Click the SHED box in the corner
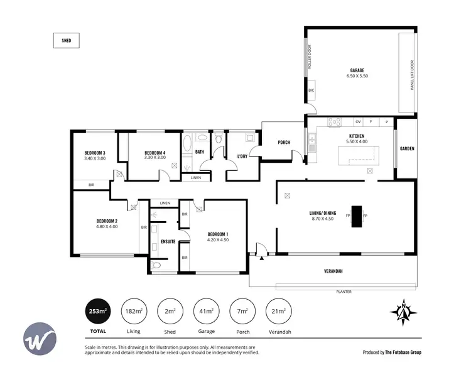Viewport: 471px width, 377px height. coord(66,41)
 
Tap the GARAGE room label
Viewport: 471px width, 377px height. coord(357,70)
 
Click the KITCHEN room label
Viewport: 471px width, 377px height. coord(357,136)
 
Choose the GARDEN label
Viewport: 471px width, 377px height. coord(407,149)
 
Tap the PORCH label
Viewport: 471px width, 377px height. coord(284,143)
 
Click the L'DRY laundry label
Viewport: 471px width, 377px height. coord(242,156)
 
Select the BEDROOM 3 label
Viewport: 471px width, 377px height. coord(94,153)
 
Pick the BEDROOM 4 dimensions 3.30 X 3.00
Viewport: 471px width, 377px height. coord(154,158)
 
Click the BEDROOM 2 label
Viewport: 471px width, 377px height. coord(107,221)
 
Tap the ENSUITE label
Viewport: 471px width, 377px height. coord(168,241)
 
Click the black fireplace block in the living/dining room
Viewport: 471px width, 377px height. coord(356,216)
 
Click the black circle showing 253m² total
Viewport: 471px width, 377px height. coord(97,311)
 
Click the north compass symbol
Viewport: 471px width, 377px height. coord(404,311)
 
